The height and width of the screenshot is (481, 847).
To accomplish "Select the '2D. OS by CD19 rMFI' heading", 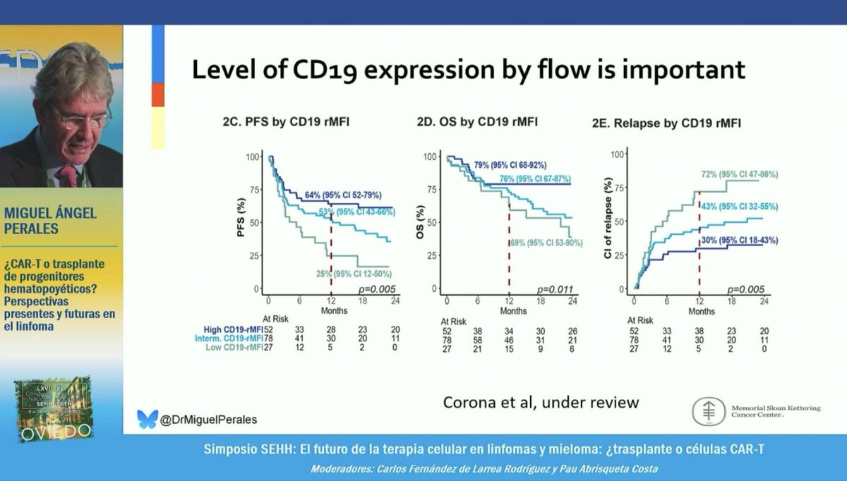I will pyautogui.click(x=476, y=122).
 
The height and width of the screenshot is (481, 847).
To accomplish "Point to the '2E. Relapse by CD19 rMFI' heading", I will pyautogui.click(x=666, y=124).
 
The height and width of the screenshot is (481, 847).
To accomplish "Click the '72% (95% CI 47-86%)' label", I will pyautogui.click(x=740, y=174).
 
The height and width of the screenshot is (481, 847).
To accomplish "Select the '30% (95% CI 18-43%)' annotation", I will pyautogui.click(x=740, y=240).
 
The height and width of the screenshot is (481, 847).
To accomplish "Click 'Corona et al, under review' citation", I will pyautogui.click(x=541, y=402).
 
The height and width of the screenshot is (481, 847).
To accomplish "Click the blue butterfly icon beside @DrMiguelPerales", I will pyautogui.click(x=147, y=419).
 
